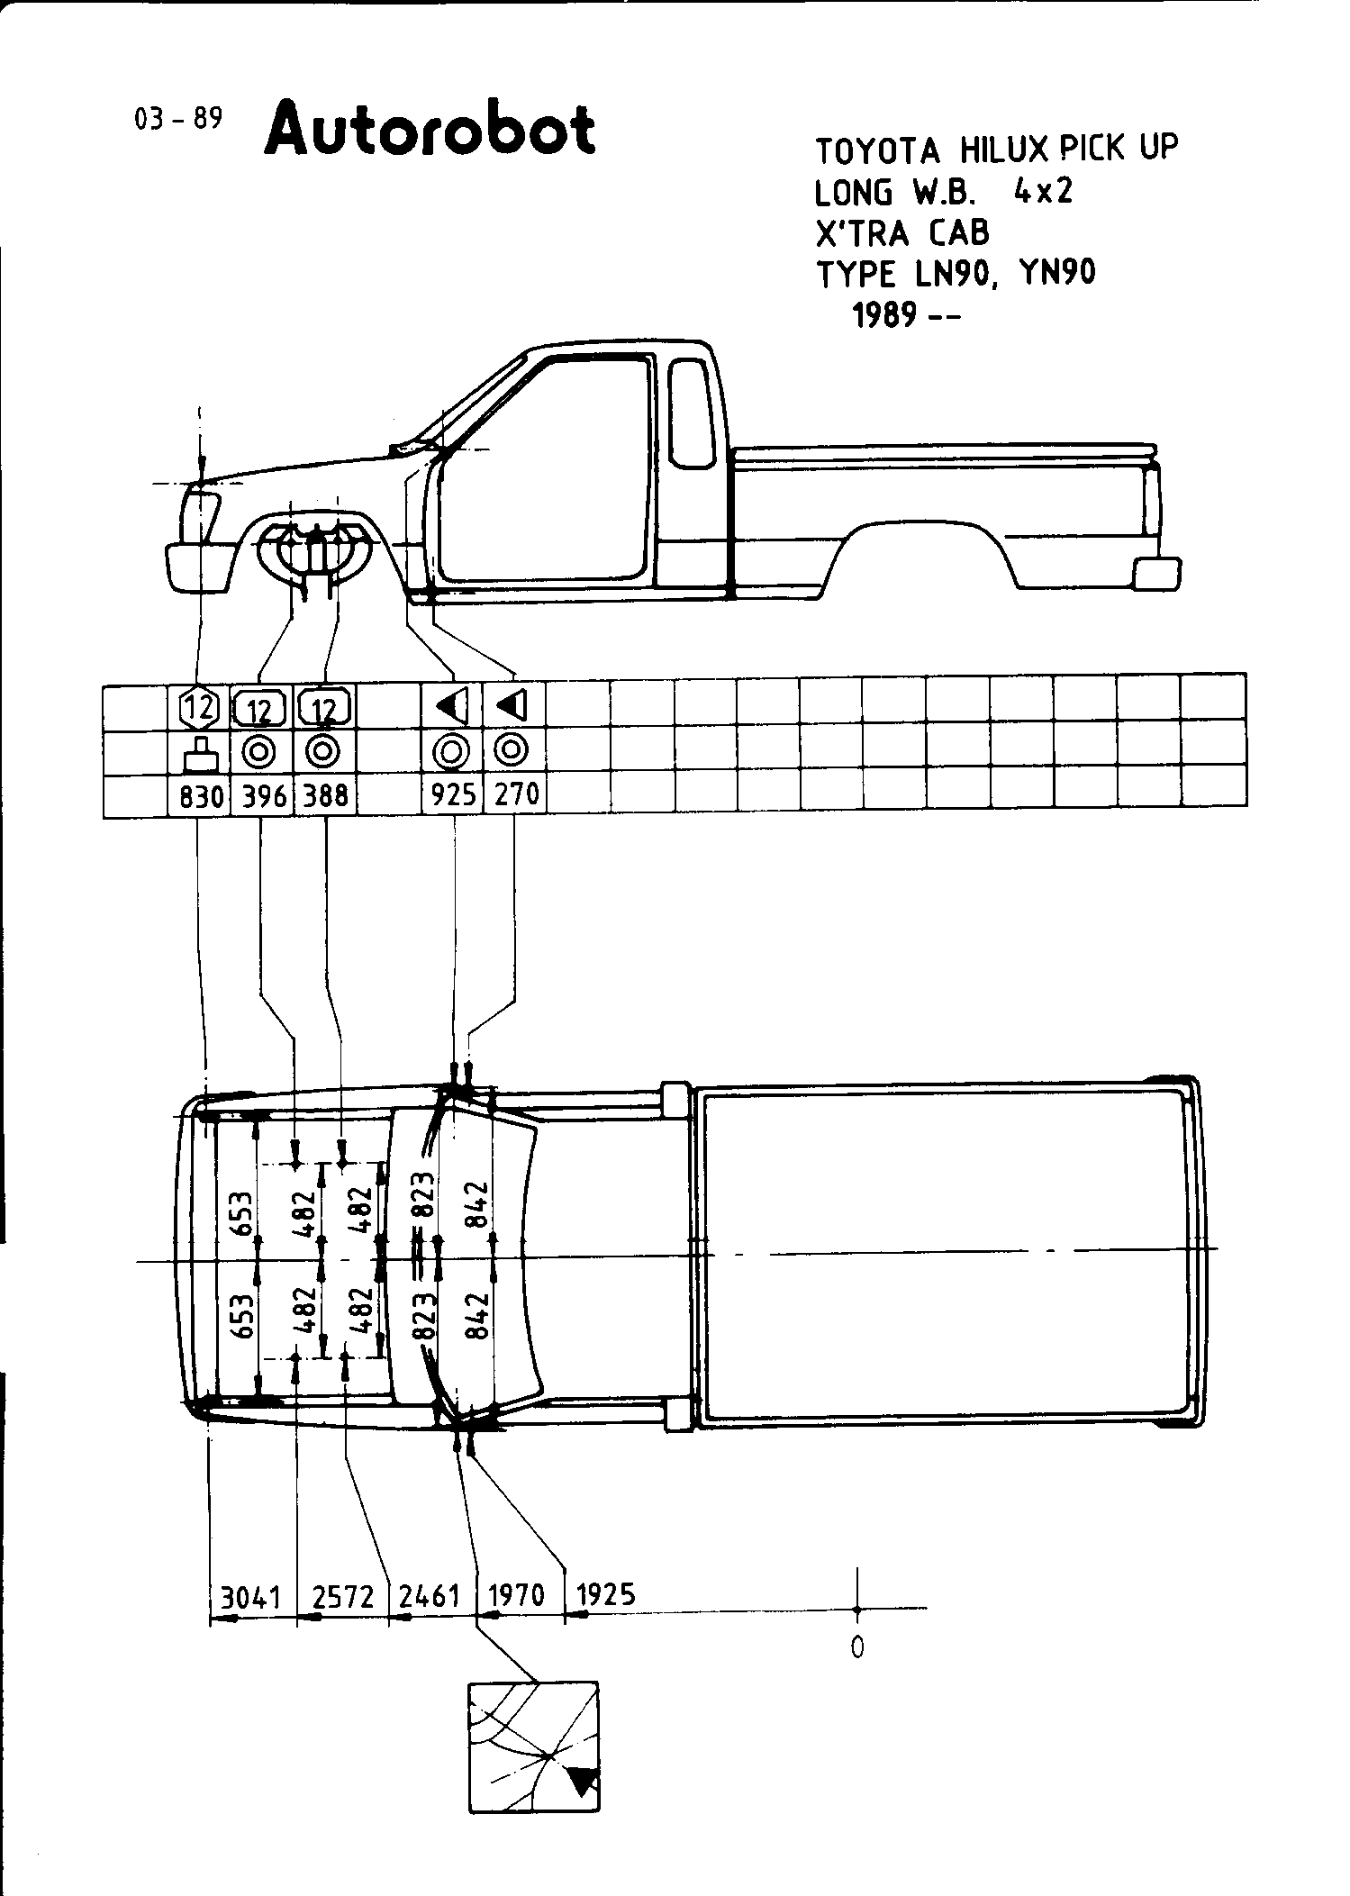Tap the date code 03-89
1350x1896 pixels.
[177, 119]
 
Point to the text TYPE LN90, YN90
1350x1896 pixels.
[956, 274]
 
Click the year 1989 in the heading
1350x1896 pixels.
[885, 315]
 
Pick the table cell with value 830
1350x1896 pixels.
[200, 795]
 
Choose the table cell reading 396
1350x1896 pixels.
[263, 795]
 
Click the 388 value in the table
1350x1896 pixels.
[325, 795]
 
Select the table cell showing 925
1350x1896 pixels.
[453, 795]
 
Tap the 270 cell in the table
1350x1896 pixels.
[516, 795]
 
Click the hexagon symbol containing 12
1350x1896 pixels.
[200, 707]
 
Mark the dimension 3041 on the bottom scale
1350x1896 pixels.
[251, 1597]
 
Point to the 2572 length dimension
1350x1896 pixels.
[342, 1597]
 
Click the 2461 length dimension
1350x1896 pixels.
[430, 1597]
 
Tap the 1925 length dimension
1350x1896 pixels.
[605, 1595]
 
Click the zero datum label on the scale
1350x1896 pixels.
[856, 1647]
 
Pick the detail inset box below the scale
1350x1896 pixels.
[533, 1746]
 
